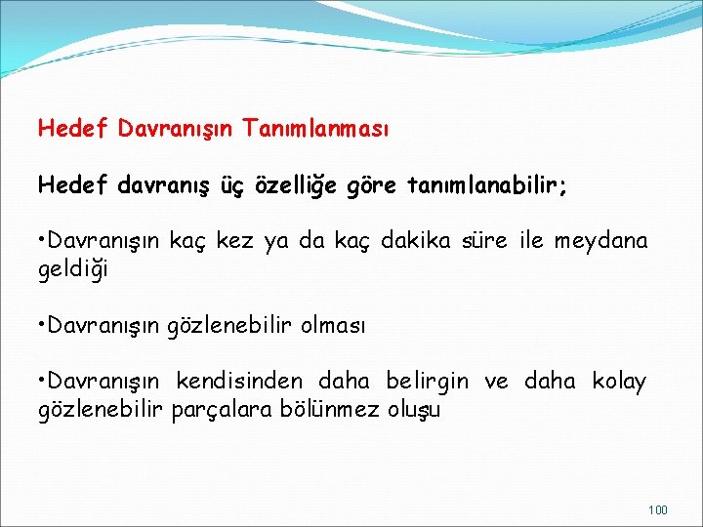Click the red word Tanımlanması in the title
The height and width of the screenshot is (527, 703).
[x=316, y=128]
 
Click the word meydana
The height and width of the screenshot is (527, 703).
[x=600, y=240]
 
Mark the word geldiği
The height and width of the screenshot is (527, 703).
[x=73, y=268]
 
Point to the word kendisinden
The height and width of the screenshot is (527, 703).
[x=239, y=381]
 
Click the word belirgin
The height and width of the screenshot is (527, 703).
[x=427, y=381]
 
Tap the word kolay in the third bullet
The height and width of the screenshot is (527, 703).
[x=619, y=381]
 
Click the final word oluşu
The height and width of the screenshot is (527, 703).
[x=415, y=409]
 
